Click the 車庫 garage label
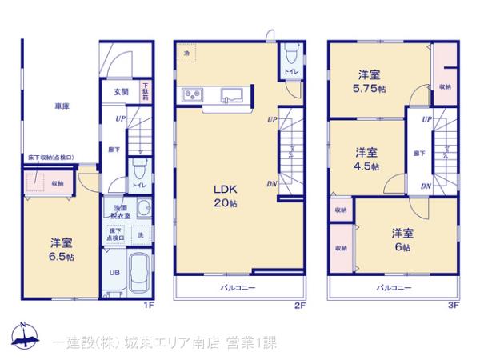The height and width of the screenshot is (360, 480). pos(62,106)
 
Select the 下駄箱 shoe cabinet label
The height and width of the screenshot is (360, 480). pos(146,90)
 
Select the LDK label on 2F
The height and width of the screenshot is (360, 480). pos(222,190)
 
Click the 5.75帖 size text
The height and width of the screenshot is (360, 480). pos(369,90)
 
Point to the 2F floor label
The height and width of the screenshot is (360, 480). pos(299,305)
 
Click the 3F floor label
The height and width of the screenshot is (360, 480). pos(453,305)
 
